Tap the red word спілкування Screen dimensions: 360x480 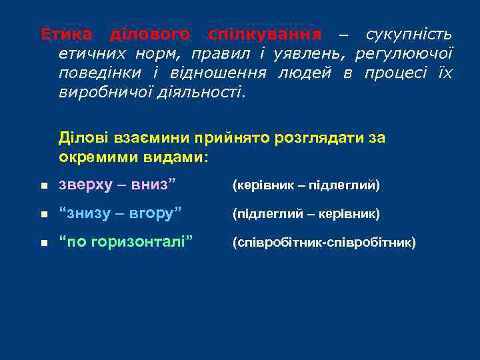click(265, 34)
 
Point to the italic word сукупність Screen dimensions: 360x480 click(409, 34)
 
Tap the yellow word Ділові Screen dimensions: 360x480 click(79, 138)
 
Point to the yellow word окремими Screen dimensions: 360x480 click(91, 157)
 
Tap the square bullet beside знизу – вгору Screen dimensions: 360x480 click(43, 215)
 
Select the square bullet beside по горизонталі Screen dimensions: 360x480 click(43, 244)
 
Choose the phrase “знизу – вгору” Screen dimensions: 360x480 click(120, 213)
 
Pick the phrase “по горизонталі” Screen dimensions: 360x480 click(127, 242)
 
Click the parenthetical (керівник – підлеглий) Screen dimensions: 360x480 click(305, 185)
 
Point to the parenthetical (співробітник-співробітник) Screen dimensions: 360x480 click(323, 243)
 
